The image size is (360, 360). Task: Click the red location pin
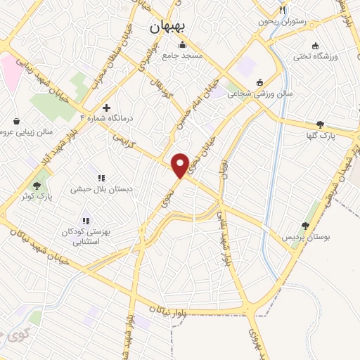coord(181,165)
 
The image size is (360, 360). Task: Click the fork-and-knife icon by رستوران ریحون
coord(282,11)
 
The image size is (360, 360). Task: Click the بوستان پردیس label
coord(305,237)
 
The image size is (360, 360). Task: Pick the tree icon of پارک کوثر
coord(37,185)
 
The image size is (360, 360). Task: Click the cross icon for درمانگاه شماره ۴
coord(105,108)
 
